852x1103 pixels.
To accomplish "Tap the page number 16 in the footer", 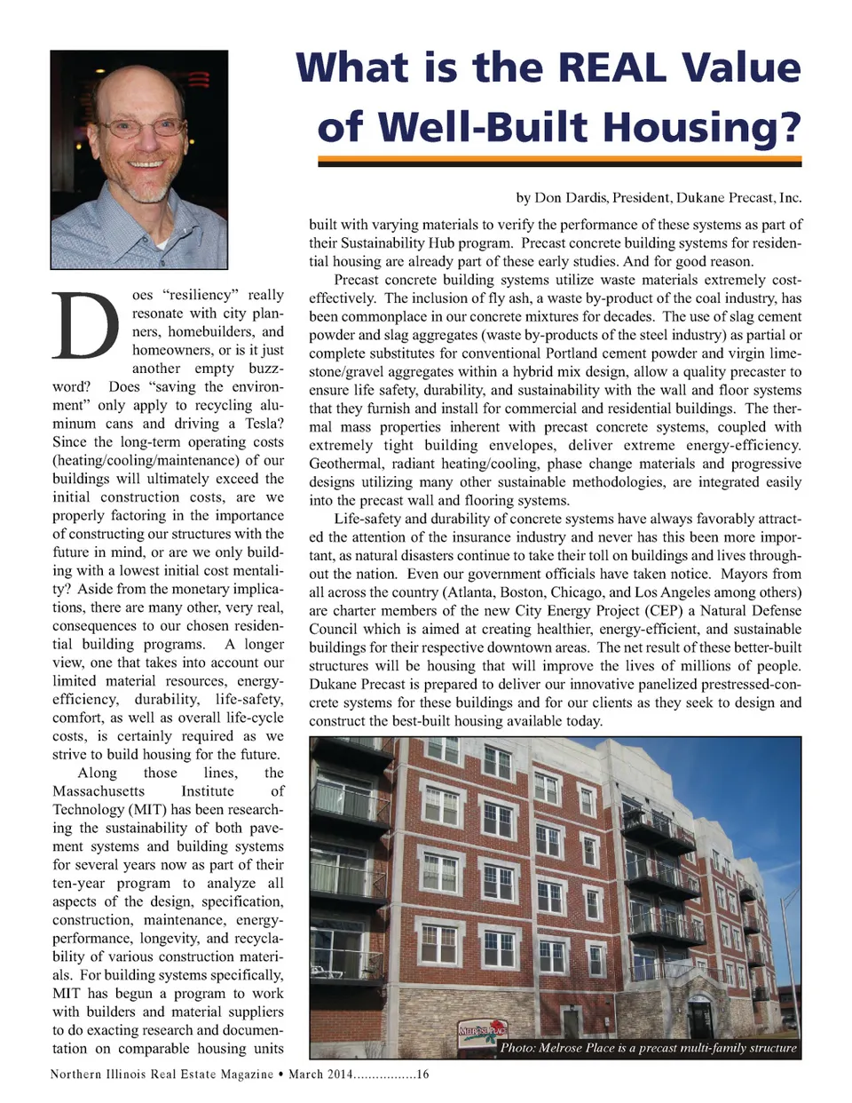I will [x=422, y=1075].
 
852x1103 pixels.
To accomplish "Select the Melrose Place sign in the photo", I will [x=482, y=1030].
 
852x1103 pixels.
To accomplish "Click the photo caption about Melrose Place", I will [x=648, y=1048].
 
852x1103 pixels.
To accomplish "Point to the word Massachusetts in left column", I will [x=99, y=791].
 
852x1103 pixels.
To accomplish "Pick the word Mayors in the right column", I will [x=774, y=574].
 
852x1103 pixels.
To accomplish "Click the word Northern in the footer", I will [x=75, y=1075].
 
